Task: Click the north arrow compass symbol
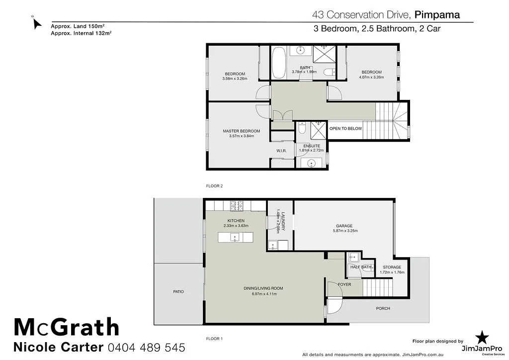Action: pos(36,23)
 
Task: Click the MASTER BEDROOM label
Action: pos(241,131)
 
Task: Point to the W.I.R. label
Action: pos(282,151)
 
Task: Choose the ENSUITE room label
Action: pos(312,146)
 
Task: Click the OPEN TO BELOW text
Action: pos(346,129)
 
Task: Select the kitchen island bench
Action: pos(235,237)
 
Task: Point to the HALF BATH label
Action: pos(360,267)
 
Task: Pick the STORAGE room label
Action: pos(392,268)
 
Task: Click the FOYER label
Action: pos(344,284)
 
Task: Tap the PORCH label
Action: pos(383,308)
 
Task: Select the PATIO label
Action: pos(178,291)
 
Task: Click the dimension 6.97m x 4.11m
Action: pos(263,294)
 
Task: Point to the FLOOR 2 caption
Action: pos(214,186)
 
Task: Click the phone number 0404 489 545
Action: pos(147,347)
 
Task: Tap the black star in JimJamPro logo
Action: pos(481,337)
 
